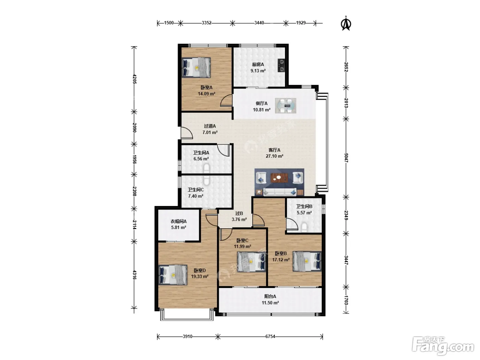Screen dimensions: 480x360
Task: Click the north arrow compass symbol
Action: coord(346,23)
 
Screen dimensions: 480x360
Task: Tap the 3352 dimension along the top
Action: coord(206,23)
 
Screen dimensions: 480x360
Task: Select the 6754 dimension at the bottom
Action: coord(270,337)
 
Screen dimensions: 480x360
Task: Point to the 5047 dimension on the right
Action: coord(346,157)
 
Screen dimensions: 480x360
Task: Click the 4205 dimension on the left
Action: coord(134,79)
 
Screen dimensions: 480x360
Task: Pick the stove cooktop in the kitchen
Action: coord(281,65)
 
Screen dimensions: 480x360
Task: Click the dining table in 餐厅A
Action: coord(285,106)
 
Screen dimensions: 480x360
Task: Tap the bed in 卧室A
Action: coord(196,68)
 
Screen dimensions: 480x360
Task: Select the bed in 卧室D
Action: coord(173,275)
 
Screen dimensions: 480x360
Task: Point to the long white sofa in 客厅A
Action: coord(280,192)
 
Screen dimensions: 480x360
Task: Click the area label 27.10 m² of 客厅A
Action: coord(274,156)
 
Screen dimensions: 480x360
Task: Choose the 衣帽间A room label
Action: coord(178,221)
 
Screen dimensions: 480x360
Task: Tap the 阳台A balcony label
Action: coord(270,296)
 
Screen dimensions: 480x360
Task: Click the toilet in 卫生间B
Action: coord(304,227)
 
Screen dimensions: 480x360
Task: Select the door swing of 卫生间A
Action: coord(224,150)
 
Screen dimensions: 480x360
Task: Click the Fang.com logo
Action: coord(443,345)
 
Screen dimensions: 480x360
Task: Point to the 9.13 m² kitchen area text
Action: coord(258,71)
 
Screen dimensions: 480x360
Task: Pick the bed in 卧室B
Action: coord(307,261)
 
